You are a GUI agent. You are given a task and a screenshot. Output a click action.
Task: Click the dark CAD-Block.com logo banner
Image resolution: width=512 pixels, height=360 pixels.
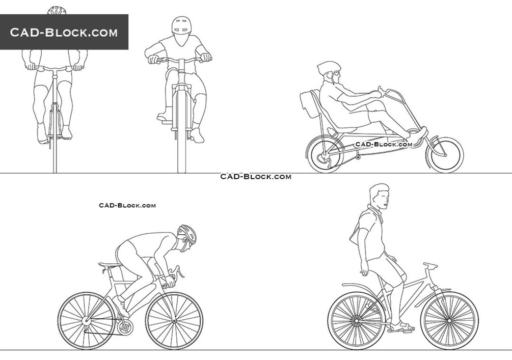[64, 32]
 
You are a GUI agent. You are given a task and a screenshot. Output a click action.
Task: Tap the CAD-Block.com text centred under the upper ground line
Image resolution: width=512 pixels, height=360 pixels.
[256, 177]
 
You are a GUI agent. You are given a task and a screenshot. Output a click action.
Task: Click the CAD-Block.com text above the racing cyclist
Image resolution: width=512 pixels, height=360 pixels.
[127, 205]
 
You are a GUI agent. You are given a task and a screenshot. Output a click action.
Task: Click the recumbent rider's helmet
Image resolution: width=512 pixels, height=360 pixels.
[328, 67]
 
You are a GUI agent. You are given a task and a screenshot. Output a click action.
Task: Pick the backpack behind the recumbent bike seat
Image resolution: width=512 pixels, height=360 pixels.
[309, 104]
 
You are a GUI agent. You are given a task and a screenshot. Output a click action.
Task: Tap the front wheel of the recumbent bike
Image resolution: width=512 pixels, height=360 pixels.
[445, 155]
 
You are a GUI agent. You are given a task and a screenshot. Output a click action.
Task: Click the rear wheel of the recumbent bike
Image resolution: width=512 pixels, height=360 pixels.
[326, 155]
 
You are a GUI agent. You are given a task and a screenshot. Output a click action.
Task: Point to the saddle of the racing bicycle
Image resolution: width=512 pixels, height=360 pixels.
[110, 265]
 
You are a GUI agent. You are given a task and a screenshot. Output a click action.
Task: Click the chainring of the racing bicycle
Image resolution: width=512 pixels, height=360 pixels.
[125, 327]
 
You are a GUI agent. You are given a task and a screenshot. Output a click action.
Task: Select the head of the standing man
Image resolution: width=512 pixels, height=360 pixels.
[380, 197]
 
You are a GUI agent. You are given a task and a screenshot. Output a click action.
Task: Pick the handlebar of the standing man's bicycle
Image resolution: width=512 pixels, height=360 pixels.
[430, 265]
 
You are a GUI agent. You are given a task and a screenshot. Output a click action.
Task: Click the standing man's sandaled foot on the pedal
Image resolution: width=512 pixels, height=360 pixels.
[401, 326]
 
